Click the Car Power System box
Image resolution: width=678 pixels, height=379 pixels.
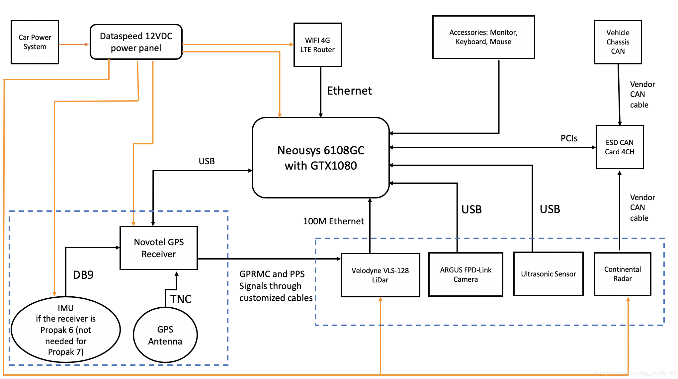(x=35, y=42)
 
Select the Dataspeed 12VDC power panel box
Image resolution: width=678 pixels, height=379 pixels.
(x=136, y=42)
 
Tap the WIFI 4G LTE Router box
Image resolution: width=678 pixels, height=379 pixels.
(x=318, y=45)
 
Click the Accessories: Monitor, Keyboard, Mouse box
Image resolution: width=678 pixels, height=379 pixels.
(x=483, y=37)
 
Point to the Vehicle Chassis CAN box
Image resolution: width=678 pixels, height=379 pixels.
(x=618, y=42)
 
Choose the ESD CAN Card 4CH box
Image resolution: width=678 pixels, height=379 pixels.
(x=620, y=147)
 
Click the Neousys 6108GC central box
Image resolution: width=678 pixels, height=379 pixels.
(x=321, y=158)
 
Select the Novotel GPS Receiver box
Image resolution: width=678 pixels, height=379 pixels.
(x=159, y=248)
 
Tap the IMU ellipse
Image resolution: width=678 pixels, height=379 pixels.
(x=66, y=330)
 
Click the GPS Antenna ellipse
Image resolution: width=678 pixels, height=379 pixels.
(x=165, y=335)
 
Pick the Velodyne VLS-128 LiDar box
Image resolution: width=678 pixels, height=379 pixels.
(x=381, y=275)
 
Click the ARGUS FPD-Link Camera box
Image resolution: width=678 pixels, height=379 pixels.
(x=466, y=274)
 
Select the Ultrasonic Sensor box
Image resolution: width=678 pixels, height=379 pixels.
(x=549, y=274)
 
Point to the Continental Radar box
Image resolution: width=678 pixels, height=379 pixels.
(x=623, y=274)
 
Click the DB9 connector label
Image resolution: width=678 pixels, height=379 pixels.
(x=83, y=275)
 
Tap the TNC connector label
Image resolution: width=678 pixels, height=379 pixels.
(x=181, y=299)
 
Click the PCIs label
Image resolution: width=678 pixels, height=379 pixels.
(x=569, y=138)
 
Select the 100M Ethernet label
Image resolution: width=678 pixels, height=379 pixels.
(x=333, y=221)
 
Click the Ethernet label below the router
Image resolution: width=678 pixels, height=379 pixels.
(x=350, y=91)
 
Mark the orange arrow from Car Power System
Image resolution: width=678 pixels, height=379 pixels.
(x=74, y=44)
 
